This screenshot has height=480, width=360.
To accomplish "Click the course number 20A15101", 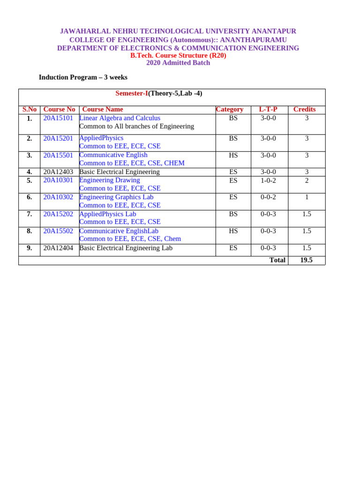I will coord(58,118).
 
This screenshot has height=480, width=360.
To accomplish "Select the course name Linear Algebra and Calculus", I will coord(120,118).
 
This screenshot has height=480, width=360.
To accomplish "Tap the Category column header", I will coord(230,109).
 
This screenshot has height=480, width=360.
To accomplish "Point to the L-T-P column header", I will coord(268,109).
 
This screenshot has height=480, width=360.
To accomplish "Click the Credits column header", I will coord(304,109).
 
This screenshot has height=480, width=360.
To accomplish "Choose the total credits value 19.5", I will coord(306,260).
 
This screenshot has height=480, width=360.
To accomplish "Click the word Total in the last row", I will coord(277,260).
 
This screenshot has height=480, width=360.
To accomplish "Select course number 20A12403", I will coord(58,172).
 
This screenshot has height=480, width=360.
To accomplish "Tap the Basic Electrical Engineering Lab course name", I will coord(126,248).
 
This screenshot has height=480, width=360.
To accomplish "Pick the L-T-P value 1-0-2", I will coord(268,180).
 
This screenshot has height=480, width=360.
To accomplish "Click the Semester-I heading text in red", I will coord(132,93).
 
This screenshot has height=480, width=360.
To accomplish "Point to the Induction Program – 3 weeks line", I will coord(83,77).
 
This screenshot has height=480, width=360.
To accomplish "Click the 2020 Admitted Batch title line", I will coord(178,63).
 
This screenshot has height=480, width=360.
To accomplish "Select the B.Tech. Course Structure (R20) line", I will coord(178,55).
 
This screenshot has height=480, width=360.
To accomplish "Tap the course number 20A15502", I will coord(58,231).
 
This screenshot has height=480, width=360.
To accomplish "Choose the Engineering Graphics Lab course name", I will coord(116,197).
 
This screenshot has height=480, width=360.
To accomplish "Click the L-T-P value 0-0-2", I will coord(268,197).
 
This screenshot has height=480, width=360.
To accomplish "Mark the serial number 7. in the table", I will coord(30,214).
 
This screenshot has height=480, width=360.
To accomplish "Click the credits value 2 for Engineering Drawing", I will coord(307,180).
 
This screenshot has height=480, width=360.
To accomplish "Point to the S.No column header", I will coord(30,109).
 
